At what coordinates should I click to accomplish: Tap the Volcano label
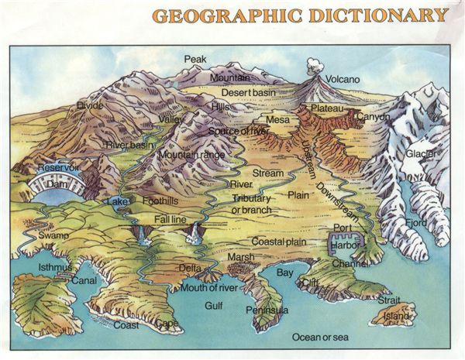[343, 79]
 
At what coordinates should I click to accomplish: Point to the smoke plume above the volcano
[315, 66]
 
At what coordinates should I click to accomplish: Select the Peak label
[195, 59]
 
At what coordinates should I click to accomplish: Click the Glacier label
[421, 153]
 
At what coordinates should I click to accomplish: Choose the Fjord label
[416, 224]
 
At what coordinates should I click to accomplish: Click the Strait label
[389, 299]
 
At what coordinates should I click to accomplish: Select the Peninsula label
[267, 310]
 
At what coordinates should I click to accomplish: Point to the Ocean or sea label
[319, 337]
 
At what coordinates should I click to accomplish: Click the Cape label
[167, 323]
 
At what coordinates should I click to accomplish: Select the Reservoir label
[58, 167]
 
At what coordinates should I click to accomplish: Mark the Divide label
[90, 105]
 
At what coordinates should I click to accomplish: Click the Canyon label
[374, 117]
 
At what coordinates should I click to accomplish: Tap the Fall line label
[170, 219]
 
